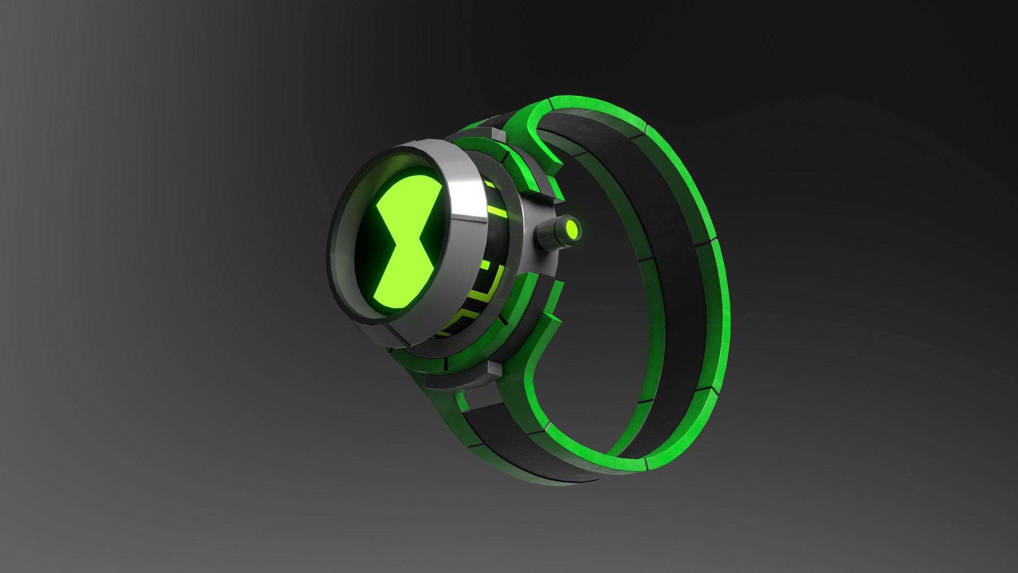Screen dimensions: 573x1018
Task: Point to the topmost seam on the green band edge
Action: [647, 129]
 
